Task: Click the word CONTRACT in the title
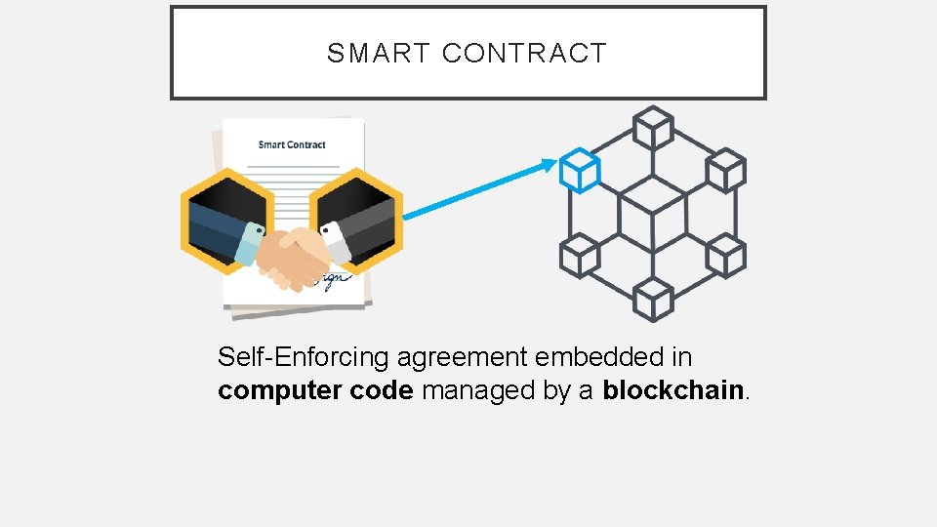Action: click(x=524, y=54)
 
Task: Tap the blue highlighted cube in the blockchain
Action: click(x=580, y=171)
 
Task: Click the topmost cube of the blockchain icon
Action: click(x=653, y=128)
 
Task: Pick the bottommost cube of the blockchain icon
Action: click(x=653, y=299)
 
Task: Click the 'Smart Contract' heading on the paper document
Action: click(x=292, y=144)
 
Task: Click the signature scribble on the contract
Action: click(x=330, y=279)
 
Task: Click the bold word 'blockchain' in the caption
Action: click(x=673, y=390)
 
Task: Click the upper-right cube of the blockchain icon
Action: click(x=725, y=170)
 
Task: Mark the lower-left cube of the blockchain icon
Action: click(x=580, y=256)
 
